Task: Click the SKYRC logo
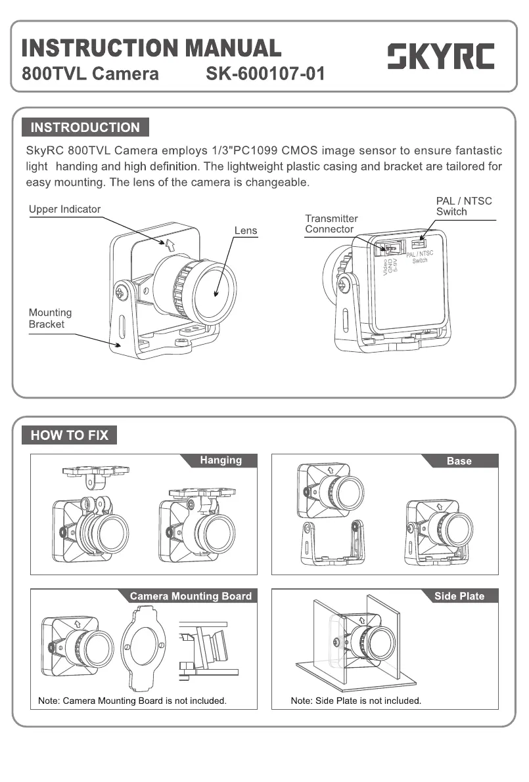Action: coord(440,57)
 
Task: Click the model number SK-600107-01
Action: coord(265,74)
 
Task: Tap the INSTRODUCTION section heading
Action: coord(85,127)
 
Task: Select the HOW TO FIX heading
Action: coord(69,435)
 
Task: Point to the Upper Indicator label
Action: coord(64,209)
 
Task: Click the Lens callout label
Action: coord(246,230)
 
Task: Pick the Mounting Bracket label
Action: coord(50,318)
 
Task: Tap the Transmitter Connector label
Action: coord(331,224)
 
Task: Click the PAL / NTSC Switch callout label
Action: coord(463,206)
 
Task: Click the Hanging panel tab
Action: coord(221,460)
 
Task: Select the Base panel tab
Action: coord(459,461)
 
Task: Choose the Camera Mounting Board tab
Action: coord(191,596)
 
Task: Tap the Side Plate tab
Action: coord(459,596)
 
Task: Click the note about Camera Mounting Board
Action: coord(132,701)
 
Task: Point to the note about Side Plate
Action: coord(356,701)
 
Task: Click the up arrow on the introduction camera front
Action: coord(170,245)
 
